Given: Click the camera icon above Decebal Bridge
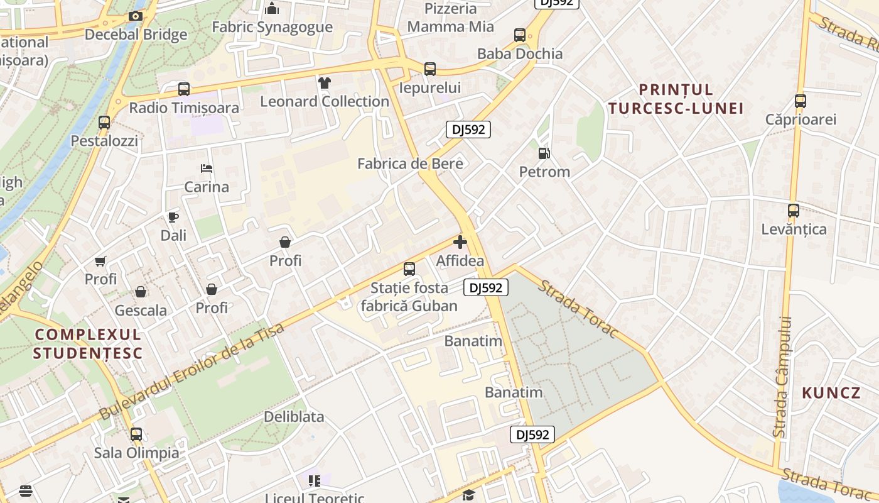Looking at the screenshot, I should point(135,16).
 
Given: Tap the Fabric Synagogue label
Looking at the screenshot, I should point(272,27).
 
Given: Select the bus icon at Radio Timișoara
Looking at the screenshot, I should point(183,89).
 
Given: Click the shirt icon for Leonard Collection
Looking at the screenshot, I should point(324,83).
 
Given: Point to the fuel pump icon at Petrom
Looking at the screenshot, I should point(544,153).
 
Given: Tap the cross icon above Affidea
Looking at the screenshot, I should point(460,242).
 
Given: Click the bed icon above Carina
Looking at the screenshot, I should point(206,169).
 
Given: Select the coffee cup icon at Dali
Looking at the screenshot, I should point(173,218).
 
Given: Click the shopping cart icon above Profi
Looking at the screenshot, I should point(100,261).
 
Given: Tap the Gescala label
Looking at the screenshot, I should point(141,310).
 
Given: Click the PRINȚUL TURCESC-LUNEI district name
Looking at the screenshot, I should point(676,99).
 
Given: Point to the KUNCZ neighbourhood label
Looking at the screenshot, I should point(831,393).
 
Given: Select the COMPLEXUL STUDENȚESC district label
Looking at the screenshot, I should point(88,343).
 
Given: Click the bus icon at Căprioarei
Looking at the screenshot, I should point(800,101).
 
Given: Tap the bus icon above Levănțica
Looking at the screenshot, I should point(794,211).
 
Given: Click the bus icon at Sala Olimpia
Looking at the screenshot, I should point(136,434).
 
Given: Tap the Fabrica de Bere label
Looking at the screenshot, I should point(410,163).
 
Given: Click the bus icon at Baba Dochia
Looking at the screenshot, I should point(519,35).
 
